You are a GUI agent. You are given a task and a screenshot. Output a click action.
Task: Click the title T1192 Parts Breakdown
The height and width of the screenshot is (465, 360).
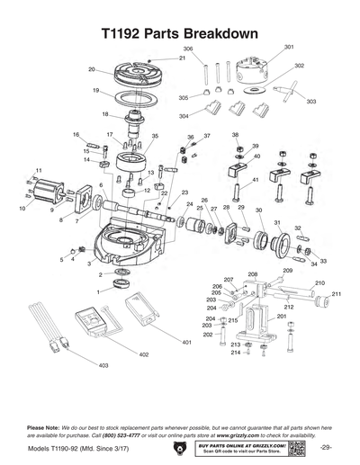pos(180,32)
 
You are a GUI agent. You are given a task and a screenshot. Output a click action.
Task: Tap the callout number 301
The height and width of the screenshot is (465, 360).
pos(289,46)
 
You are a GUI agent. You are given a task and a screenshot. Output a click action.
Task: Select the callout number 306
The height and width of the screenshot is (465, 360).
pos(188,48)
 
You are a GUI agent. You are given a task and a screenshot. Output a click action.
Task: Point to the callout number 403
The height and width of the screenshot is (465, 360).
pos(103,366)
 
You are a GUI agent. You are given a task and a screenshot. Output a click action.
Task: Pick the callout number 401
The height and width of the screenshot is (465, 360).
pos(186,343)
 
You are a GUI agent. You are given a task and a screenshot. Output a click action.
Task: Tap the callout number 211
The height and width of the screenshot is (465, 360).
pos(337,294)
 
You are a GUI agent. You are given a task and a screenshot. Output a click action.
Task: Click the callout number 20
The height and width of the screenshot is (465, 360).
pos(92,69)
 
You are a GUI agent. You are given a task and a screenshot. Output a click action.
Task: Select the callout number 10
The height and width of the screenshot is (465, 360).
pos(22,209)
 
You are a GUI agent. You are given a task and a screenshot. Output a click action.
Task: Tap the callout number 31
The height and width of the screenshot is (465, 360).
pos(277,222)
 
